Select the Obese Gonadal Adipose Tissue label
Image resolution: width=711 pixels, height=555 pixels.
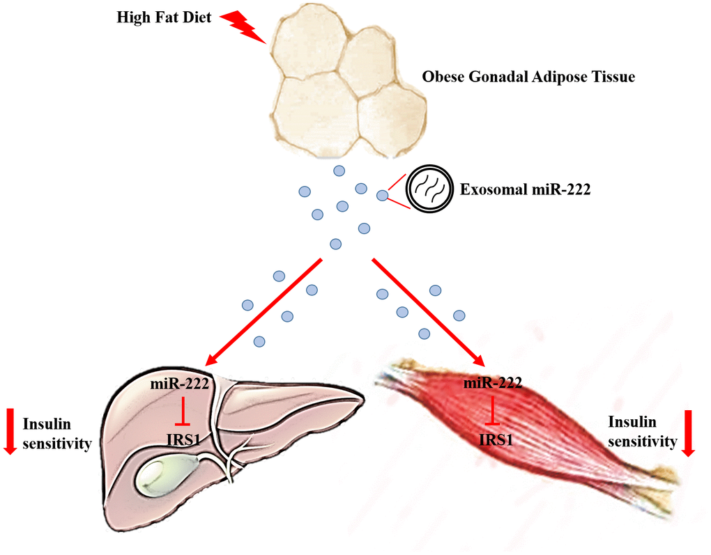(x=528, y=77)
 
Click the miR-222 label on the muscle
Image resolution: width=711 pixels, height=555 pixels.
(x=493, y=384)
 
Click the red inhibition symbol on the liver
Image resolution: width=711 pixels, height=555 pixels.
(x=182, y=412)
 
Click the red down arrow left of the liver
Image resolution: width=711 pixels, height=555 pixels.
(x=10, y=432)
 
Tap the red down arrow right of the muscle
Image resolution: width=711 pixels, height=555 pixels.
(x=689, y=433)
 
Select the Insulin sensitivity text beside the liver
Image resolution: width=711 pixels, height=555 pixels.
(x=57, y=433)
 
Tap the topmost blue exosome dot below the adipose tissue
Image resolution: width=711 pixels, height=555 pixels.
(x=339, y=171)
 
